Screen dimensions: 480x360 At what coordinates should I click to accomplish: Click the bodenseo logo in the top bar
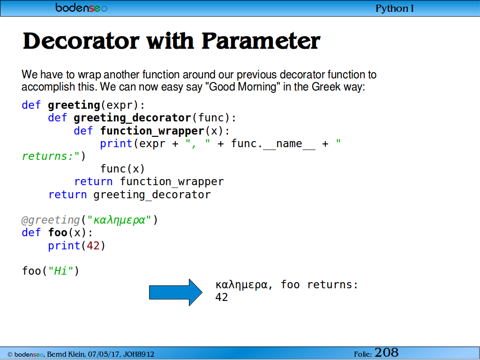click(x=81, y=7)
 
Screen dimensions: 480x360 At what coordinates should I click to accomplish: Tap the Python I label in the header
click(x=395, y=8)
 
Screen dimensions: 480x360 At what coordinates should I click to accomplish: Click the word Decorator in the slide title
click(x=81, y=41)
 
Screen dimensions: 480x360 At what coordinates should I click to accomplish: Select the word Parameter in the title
click(x=261, y=41)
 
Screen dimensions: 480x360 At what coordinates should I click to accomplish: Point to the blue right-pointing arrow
click(x=176, y=292)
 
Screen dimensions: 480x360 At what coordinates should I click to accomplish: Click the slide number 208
click(x=386, y=352)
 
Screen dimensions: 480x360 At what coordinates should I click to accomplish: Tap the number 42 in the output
click(x=222, y=297)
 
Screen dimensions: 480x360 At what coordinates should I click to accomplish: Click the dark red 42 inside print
click(x=93, y=246)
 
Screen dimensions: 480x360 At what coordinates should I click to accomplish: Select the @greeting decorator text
click(x=51, y=220)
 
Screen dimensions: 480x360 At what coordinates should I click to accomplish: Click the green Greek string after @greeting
click(x=119, y=220)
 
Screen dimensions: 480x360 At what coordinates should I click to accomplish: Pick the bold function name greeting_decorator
click(x=132, y=118)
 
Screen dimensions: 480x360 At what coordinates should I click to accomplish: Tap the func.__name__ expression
click(x=273, y=143)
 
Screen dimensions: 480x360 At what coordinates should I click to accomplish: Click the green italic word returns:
click(x=48, y=157)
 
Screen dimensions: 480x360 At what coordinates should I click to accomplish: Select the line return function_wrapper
click(x=149, y=182)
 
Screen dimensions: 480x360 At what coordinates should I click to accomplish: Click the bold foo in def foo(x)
click(x=58, y=232)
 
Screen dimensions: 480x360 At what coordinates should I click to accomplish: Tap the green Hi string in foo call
click(x=61, y=271)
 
